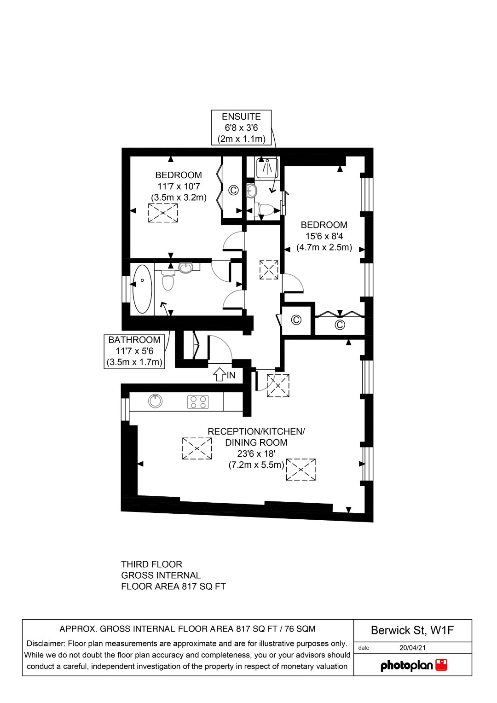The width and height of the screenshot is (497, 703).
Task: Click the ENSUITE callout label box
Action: tap(241, 128)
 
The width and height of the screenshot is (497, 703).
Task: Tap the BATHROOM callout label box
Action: tap(134, 351)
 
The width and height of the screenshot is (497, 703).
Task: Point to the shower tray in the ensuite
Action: tap(267, 168)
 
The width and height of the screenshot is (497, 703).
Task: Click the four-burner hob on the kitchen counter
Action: tap(198, 402)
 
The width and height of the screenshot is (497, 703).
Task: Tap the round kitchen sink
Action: tap(156, 401)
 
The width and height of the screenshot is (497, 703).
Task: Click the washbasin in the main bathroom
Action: tap(186, 267)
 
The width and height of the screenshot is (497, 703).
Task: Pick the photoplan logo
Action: tap(414, 665)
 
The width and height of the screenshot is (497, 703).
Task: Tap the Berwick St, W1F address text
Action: tap(412, 630)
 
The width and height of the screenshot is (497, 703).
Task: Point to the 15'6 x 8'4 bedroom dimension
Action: tap(324, 236)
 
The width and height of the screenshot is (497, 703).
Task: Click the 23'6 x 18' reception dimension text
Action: tap(256, 453)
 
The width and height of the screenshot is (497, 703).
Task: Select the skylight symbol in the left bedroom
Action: tap(163, 213)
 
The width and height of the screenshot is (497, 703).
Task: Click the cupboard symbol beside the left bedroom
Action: tap(234, 190)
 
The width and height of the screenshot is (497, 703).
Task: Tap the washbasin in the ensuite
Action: tap(251, 190)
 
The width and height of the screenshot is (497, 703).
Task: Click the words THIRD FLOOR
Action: tap(151, 564)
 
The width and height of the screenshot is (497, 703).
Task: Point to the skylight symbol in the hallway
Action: tap(269, 270)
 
